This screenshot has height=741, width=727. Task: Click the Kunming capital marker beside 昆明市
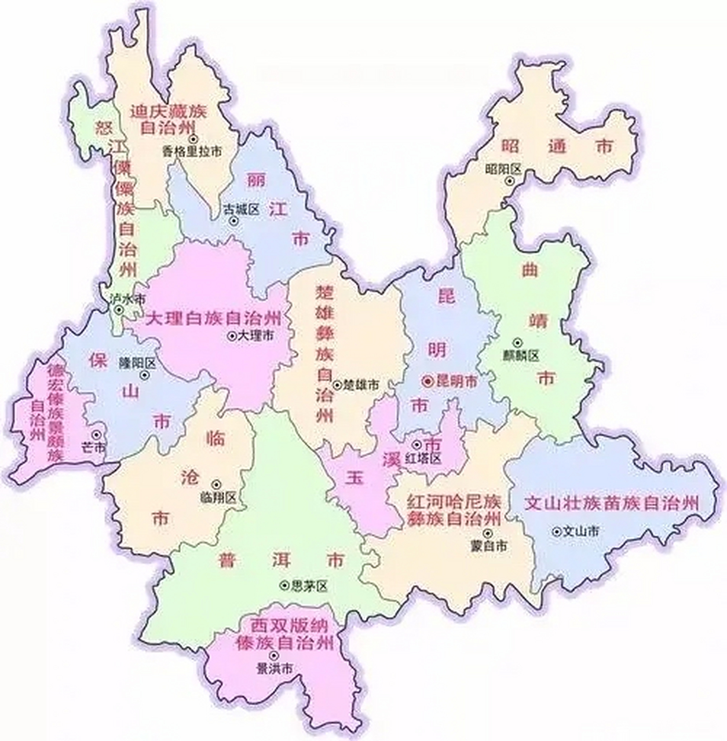click(428, 381)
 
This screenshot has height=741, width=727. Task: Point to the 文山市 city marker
click(556, 531)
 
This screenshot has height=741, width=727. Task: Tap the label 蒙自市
click(489, 546)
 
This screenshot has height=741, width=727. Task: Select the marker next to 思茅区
click(284, 585)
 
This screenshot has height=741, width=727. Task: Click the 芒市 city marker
click(97, 434)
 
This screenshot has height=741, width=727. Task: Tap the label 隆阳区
click(137, 363)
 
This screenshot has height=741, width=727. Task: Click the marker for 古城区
click(233, 221)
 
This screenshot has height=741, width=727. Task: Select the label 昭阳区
click(503, 169)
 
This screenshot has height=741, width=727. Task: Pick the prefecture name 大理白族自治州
click(214, 318)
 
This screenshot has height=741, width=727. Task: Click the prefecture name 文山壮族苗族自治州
click(612, 502)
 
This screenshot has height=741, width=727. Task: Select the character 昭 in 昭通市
click(510, 146)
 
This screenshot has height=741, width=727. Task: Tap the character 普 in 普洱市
click(227, 560)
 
